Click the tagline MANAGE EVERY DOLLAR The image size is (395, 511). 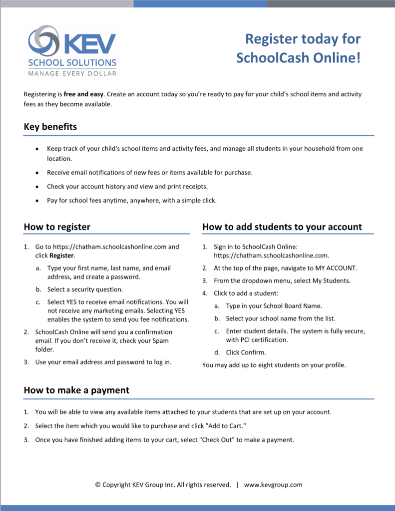tap(72, 73)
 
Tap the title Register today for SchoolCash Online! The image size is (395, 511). tap(298, 48)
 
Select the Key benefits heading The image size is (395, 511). tap(50, 127)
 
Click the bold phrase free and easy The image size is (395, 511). tap(83, 94)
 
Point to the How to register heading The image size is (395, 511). tap(57, 227)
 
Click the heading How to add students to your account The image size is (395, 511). tap(282, 227)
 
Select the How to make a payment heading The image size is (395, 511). tap(76, 390)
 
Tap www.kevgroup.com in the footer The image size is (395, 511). tap(273, 485)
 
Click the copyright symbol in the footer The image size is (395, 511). tap(98, 485)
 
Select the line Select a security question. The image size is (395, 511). tap(85, 289)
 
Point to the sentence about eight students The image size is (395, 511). tap(274, 365)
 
